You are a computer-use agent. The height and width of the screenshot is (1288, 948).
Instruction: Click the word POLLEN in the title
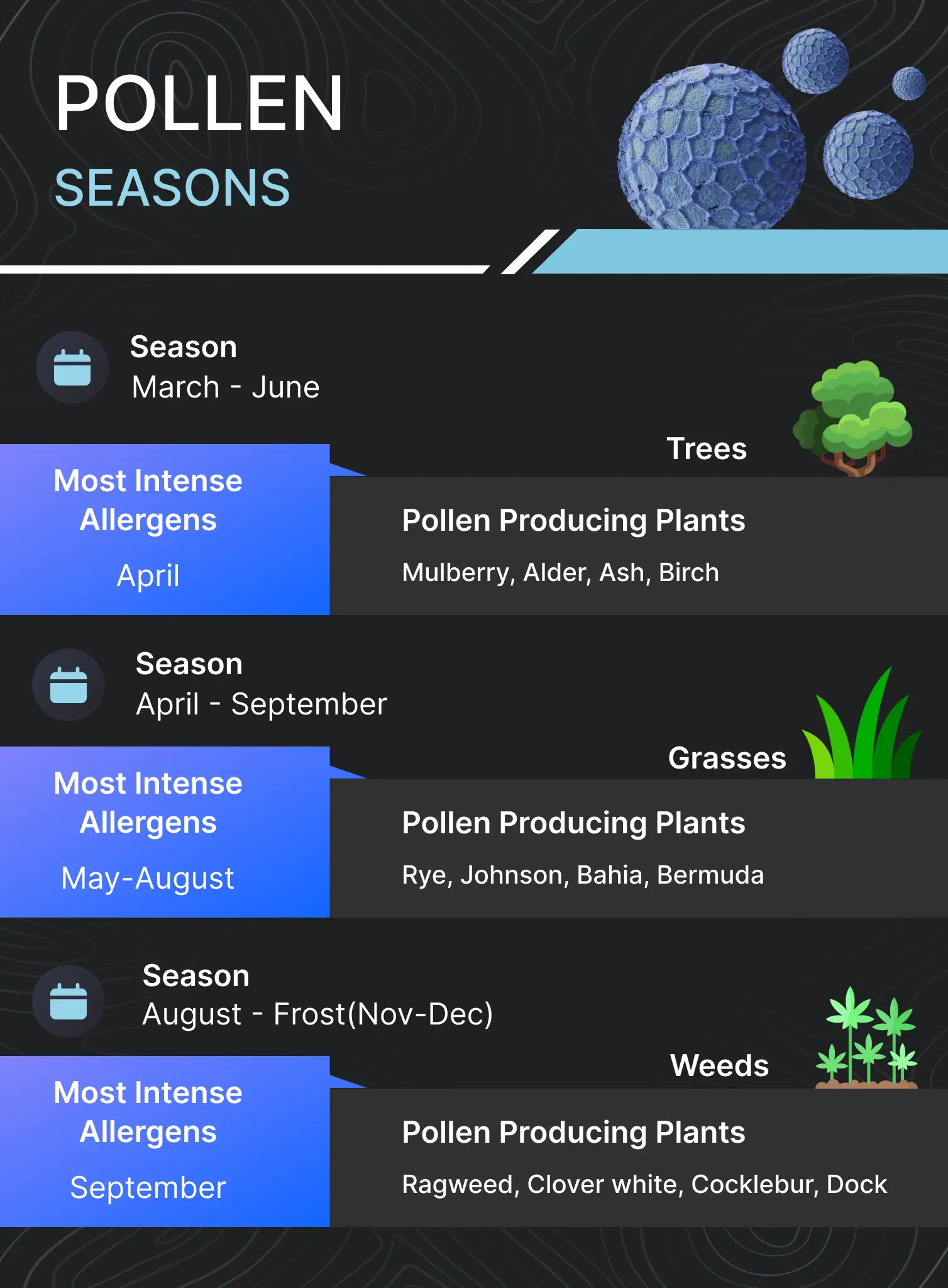(199, 104)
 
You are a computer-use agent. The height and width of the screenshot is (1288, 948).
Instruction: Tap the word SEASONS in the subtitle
(172, 188)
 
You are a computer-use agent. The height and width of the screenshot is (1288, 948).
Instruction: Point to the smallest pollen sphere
(908, 83)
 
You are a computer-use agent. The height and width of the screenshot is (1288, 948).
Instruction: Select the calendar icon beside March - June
(72, 367)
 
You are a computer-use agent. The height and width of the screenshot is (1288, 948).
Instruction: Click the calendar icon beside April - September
(69, 685)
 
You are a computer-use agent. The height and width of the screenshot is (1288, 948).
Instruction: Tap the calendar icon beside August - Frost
(69, 1001)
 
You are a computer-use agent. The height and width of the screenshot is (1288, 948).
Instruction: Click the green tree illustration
(854, 416)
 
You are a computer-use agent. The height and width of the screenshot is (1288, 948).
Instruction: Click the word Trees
(707, 449)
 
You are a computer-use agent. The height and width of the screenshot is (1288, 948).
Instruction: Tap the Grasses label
(727, 758)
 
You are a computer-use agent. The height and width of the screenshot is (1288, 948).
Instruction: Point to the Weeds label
(719, 1066)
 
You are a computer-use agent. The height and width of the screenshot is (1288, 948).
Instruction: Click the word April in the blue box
(148, 576)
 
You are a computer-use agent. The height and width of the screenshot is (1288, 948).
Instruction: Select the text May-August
(148, 878)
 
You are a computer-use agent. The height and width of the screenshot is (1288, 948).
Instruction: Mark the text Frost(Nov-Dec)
(383, 1014)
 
